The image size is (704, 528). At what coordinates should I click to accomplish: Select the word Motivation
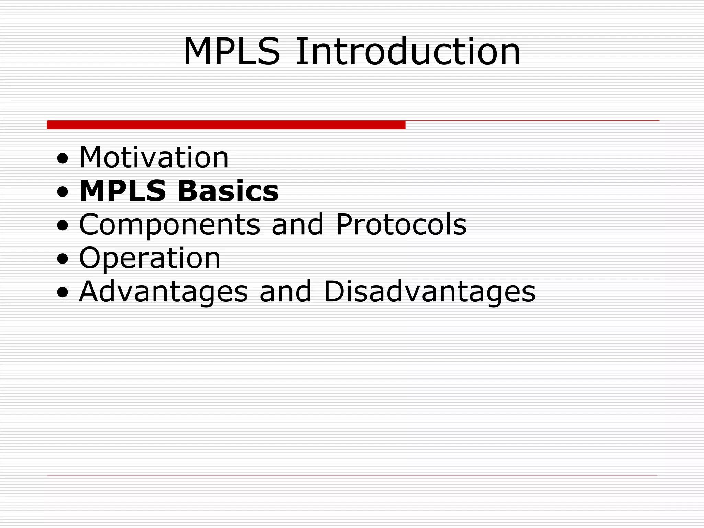tap(154, 158)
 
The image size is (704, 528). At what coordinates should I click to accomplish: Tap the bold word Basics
tap(228, 191)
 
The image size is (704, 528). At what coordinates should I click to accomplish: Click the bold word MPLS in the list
tap(123, 191)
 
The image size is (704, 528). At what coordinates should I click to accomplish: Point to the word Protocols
tap(401, 224)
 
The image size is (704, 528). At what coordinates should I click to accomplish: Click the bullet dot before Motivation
tap(63, 159)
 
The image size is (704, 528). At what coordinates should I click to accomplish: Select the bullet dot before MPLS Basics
tap(63, 193)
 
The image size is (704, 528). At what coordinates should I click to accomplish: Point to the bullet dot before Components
tap(63, 226)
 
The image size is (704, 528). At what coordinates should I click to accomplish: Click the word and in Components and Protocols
tap(298, 224)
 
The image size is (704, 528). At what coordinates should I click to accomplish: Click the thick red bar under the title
tap(226, 125)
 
